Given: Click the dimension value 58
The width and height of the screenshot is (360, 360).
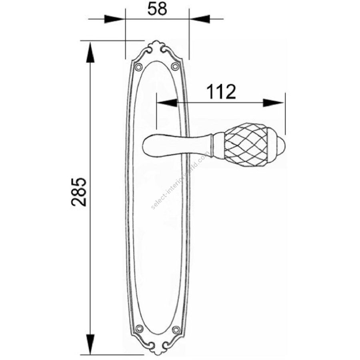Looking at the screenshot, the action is [157, 9].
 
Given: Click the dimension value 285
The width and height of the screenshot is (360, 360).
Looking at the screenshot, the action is [79, 192].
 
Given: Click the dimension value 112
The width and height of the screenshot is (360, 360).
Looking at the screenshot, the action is [221, 92].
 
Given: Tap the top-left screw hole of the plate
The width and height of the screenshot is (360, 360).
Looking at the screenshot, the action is [138, 67].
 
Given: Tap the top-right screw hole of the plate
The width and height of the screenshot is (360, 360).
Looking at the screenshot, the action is [175, 66].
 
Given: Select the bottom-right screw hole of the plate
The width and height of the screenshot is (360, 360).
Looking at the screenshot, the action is [176, 330].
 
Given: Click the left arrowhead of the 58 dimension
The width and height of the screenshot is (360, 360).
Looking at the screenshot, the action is [114, 19].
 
